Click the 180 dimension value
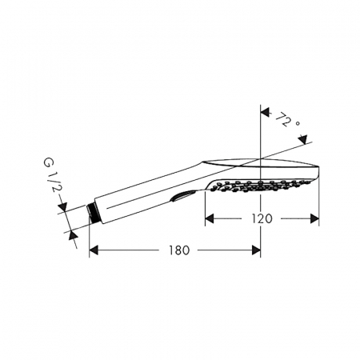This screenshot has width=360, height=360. (179, 250)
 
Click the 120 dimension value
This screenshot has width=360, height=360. (262, 218)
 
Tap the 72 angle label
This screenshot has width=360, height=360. (282, 120)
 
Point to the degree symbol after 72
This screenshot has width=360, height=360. (298, 123)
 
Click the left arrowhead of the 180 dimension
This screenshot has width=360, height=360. (94, 250)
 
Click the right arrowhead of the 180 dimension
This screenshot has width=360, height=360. (256, 250)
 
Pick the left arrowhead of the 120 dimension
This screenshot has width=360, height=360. (210, 219)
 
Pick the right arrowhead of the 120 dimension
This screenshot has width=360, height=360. (314, 219)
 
